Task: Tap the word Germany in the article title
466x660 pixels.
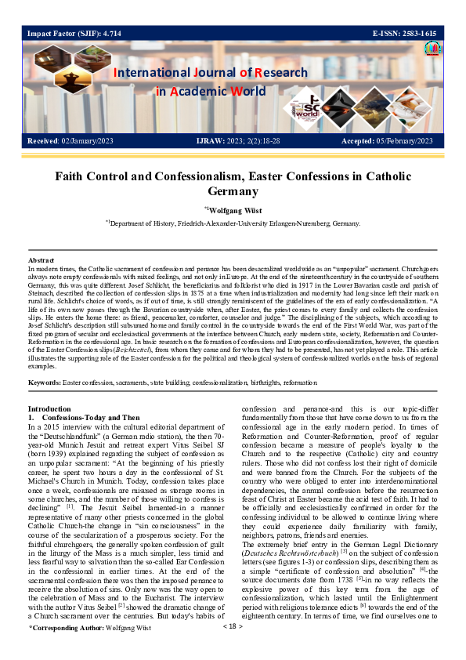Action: (233, 190)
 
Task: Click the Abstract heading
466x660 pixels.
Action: (41, 259)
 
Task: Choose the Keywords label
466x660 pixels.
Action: (45, 382)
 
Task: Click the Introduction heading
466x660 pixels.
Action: (52, 409)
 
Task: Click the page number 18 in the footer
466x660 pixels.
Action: (233, 648)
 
